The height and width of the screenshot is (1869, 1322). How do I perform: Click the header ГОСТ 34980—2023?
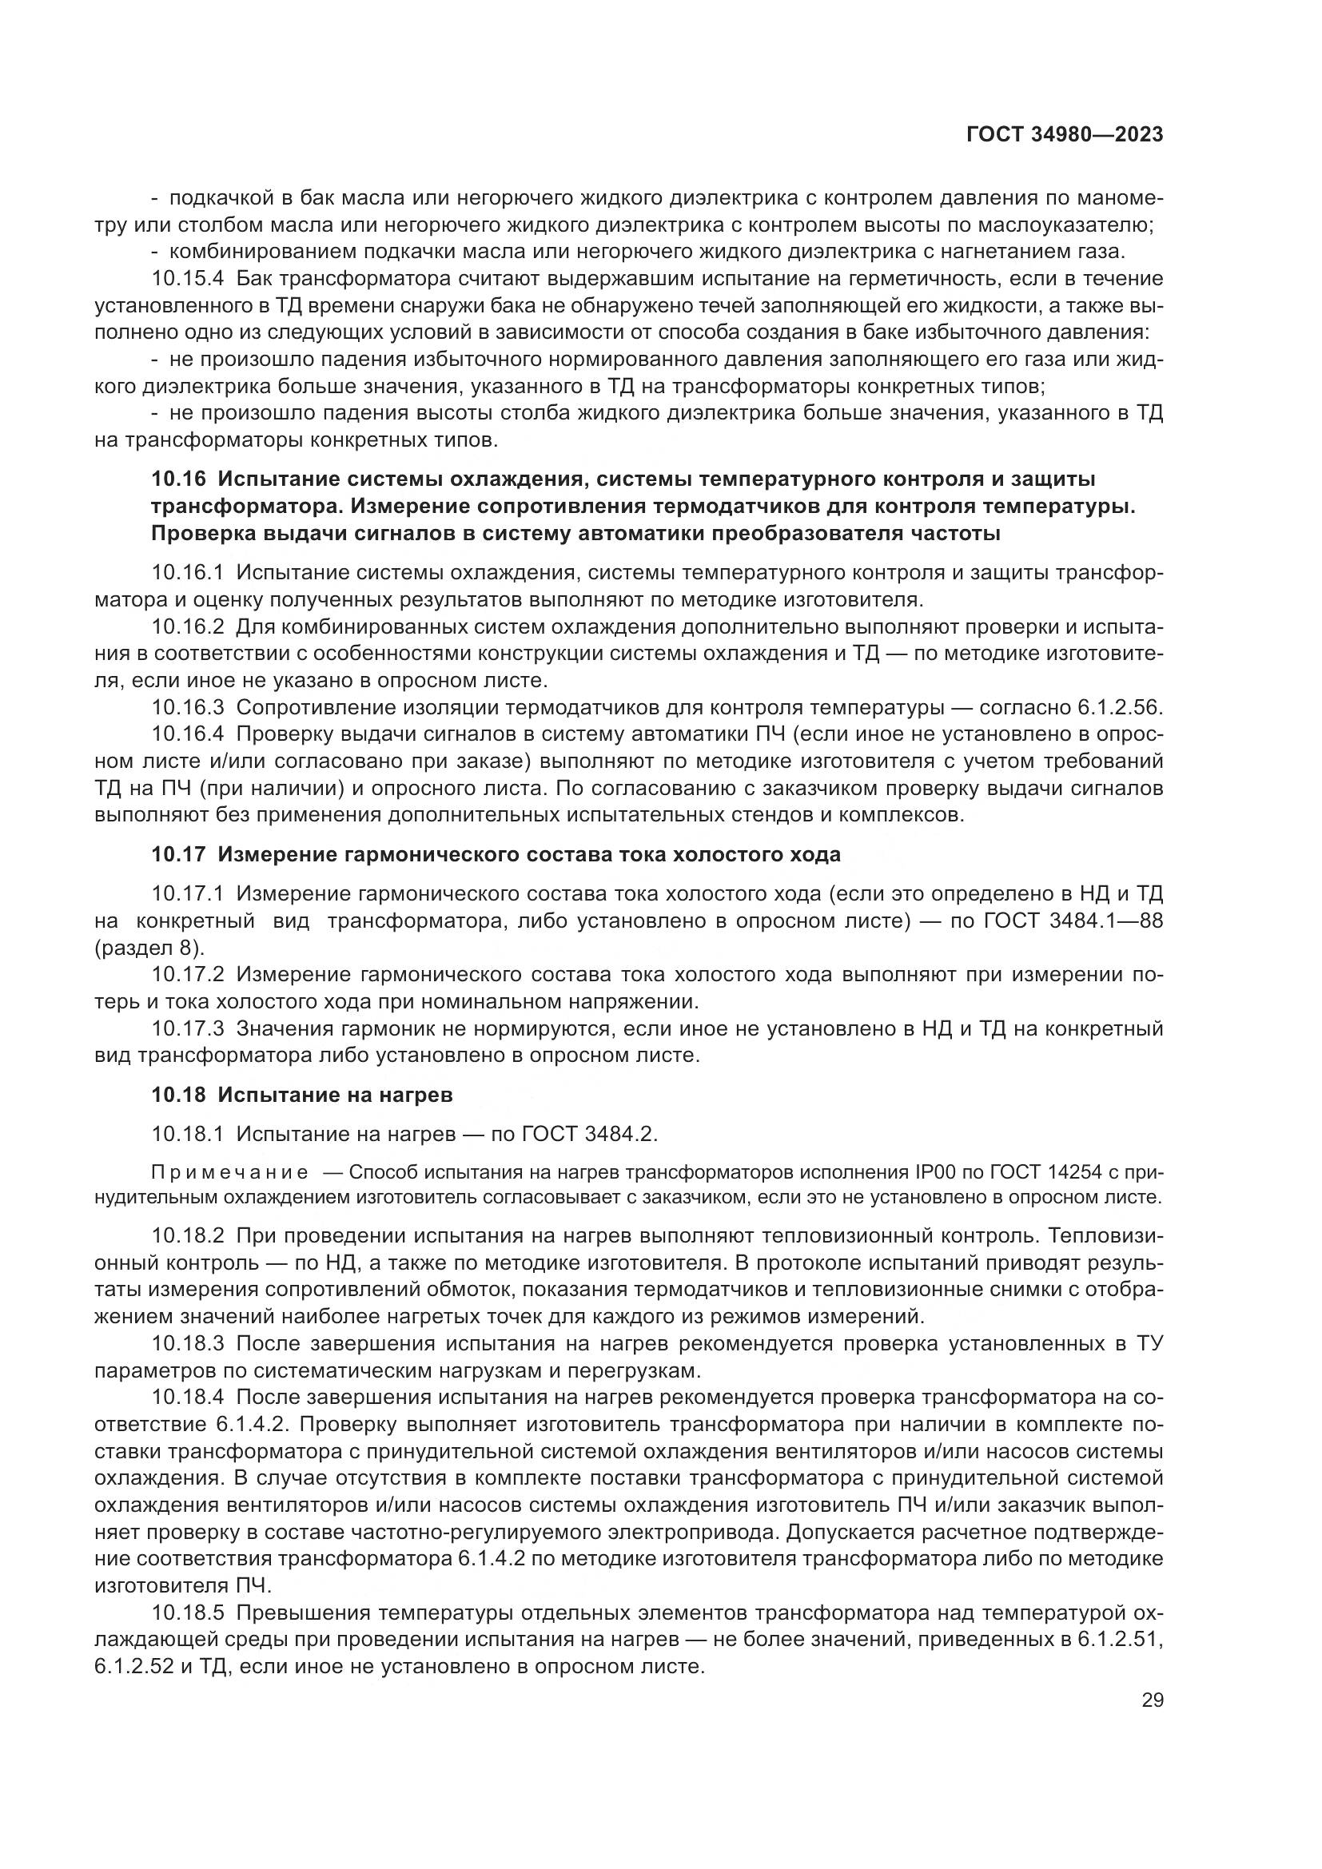point(1064,135)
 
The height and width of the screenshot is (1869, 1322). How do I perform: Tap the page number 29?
point(1152,1700)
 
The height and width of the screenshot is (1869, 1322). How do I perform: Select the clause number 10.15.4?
point(187,278)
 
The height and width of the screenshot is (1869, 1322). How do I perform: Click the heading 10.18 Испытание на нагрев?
point(302,1095)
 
